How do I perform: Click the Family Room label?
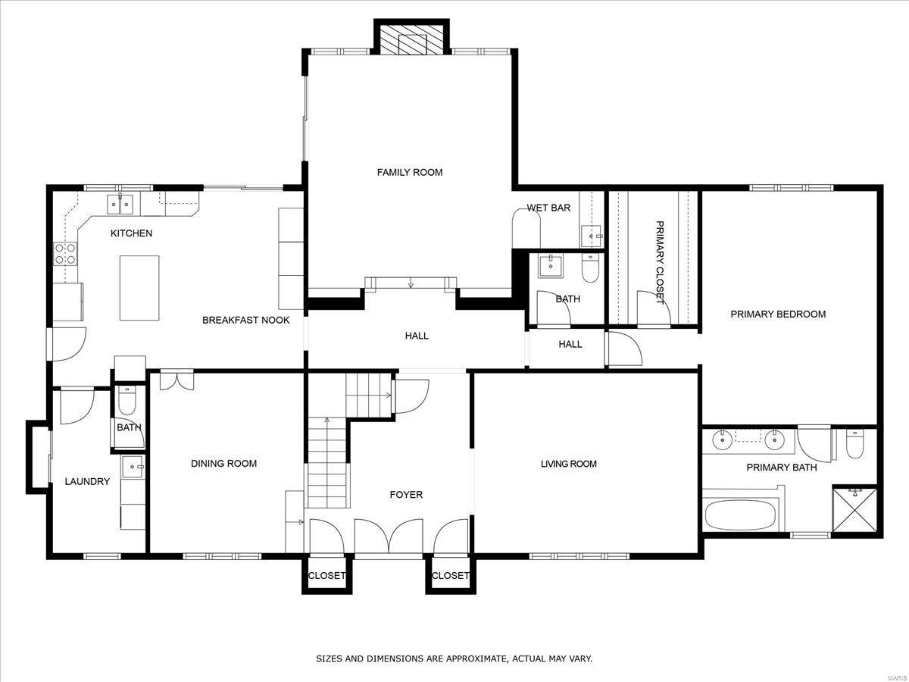tap(410, 173)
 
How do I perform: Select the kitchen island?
tap(139, 287)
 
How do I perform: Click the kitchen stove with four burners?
tap(65, 253)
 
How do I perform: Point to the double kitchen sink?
tap(120, 203)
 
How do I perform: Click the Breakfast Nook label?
tap(245, 321)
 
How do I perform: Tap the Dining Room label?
tap(223, 464)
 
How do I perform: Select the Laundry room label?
tap(87, 481)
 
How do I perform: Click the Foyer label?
tap(406, 495)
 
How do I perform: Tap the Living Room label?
tap(568, 464)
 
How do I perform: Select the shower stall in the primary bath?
tap(856, 510)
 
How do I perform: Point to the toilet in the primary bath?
tap(854, 444)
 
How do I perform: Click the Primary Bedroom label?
tap(777, 314)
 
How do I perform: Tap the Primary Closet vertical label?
tap(659, 262)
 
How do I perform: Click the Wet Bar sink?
tap(592, 236)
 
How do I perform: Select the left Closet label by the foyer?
tap(326, 576)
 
